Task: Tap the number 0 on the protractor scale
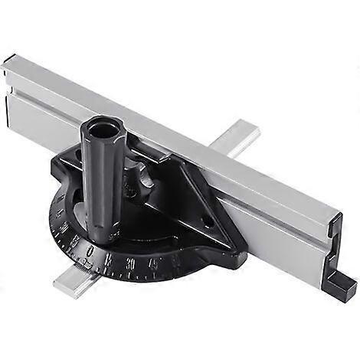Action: click(x=92, y=250)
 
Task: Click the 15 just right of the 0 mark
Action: click(x=111, y=257)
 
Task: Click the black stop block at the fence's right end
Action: click(x=342, y=288)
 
